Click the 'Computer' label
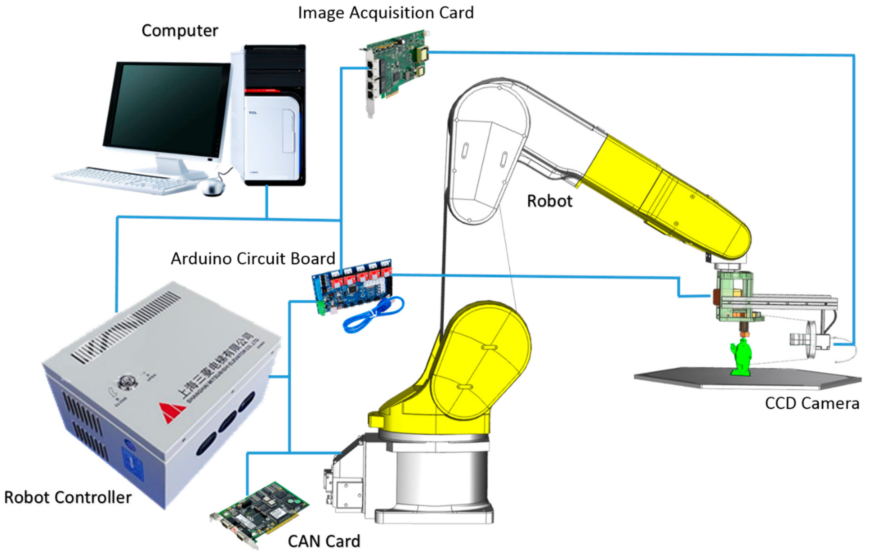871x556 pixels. (180, 31)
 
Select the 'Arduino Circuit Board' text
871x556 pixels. (253, 259)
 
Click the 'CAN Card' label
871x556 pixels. (324, 542)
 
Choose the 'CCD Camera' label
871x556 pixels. (812, 403)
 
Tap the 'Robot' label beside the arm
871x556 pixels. (549, 201)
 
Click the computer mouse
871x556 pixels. (213, 187)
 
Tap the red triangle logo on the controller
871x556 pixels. (172, 412)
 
